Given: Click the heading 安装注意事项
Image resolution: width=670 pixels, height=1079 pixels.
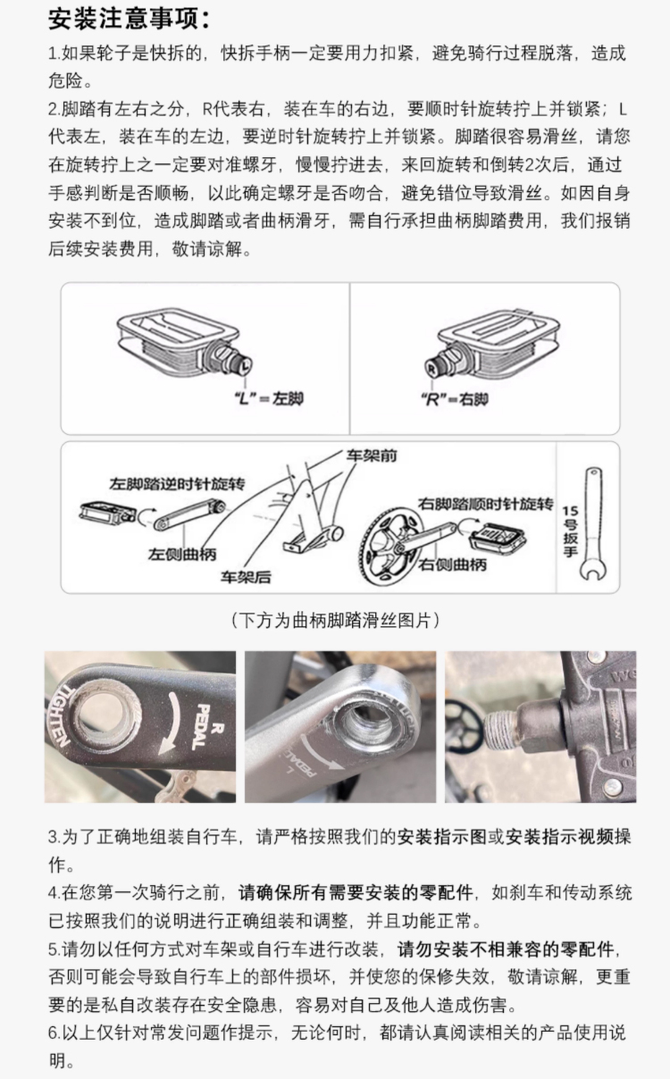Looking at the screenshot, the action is (x=129, y=20).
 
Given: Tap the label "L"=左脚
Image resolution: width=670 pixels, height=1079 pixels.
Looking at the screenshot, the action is (x=269, y=398).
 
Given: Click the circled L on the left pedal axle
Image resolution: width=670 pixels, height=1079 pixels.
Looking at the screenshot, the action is (x=246, y=365).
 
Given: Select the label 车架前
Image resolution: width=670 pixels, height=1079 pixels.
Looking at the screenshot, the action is (x=372, y=456).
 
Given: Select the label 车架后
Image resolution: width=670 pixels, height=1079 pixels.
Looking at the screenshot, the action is (x=246, y=577).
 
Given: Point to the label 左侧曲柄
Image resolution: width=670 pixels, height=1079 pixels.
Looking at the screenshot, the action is (x=182, y=554).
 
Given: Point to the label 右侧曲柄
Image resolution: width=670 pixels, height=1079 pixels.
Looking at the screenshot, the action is (x=452, y=565).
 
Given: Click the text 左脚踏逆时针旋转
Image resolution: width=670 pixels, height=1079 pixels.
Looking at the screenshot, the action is (x=177, y=483).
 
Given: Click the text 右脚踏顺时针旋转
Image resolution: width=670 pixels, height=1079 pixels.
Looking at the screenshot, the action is (x=485, y=504).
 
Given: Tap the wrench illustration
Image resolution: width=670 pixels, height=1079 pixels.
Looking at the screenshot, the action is (x=593, y=524).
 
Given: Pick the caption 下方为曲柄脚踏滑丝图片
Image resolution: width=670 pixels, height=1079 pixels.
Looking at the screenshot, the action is (x=335, y=621).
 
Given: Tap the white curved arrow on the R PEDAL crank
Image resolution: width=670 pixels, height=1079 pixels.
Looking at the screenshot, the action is (x=172, y=733).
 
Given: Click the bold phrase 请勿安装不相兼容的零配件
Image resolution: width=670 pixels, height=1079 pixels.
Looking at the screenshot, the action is (x=506, y=949).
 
